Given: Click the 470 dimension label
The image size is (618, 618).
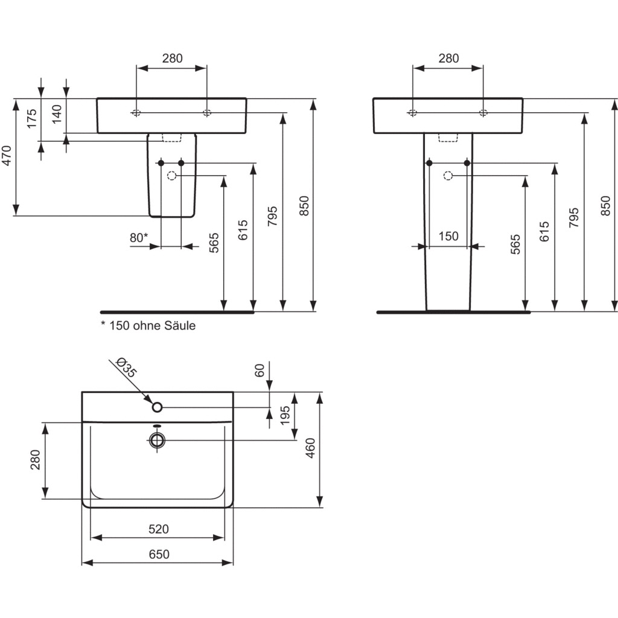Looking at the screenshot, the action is (x=7, y=156).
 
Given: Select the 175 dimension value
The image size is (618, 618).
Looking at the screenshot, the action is (x=32, y=118).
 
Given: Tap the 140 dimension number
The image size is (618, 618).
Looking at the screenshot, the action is (x=57, y=114).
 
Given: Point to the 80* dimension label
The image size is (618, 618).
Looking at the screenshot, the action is (x=139, y=238).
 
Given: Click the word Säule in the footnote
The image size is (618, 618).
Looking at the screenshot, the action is (x=180, y=325).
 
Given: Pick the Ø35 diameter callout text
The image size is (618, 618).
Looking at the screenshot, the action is (x=127, y=368).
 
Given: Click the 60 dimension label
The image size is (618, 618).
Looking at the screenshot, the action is (x=260, y=371).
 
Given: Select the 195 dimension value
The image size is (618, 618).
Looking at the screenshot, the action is (x=285, y=415).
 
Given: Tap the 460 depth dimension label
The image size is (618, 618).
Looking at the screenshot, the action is (x=311, y=448).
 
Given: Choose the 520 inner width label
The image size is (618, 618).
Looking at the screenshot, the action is (x=159, y=529).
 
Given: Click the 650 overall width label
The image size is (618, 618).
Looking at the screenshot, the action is (x=159, y=554).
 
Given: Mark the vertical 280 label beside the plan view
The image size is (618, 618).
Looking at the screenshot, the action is (x=36, y=459).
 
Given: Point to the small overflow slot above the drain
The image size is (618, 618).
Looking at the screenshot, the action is (x=158, y=425).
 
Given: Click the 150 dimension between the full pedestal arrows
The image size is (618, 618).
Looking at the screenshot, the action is (x=448, y=236).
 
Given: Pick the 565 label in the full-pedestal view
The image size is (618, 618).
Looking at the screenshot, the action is (x=515, y=244).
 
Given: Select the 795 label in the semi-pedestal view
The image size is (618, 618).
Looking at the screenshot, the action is (x=272, y=216).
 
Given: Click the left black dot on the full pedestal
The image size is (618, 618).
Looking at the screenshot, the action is (x=430, y=163).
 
